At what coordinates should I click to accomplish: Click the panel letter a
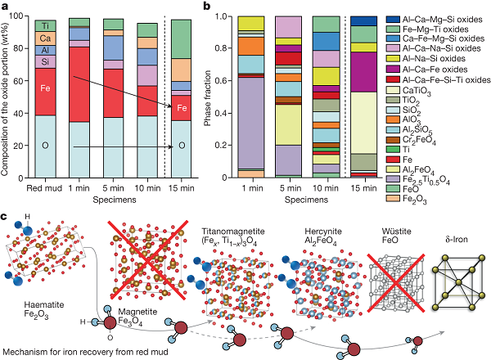coord(6,7)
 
